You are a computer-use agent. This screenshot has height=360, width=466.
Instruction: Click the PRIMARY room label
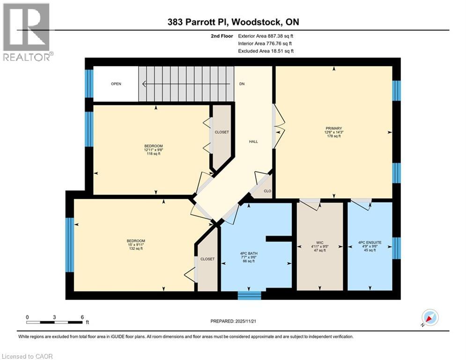click(334, 128)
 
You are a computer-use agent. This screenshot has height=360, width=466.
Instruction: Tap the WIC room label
click(320, 242)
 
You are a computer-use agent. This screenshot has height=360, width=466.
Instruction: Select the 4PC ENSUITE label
click(370, 242)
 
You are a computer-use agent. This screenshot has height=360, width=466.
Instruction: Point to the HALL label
click(253, 142)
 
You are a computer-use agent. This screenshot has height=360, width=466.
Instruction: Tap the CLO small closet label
click(267, 191)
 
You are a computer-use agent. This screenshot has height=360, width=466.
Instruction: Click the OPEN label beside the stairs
click(116, 84)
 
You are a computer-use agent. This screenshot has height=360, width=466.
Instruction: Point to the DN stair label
click(242, 84)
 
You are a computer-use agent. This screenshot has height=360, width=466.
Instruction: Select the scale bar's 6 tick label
click(82, 317)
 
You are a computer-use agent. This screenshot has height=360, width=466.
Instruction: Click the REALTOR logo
click(27, 32)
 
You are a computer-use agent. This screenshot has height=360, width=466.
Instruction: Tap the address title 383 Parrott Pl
click(233, 22)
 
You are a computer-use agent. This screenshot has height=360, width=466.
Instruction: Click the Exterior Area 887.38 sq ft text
click(266, 36)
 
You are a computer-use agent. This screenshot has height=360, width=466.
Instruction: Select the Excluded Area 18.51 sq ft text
click(266, 51)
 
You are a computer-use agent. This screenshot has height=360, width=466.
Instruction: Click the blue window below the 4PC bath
click(249, 295)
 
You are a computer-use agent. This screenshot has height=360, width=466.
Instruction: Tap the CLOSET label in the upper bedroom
click(222, 132)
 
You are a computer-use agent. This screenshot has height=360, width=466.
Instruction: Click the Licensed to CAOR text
click(27, 356)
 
